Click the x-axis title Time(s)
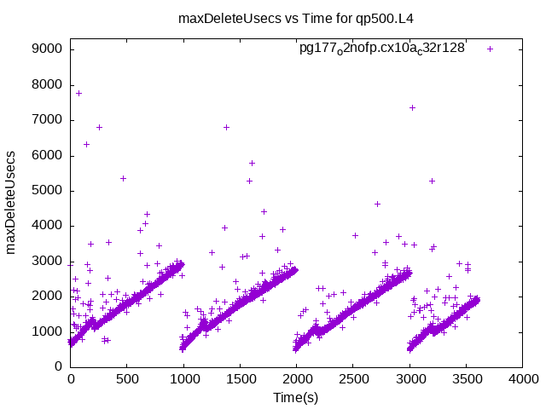coord(295,397)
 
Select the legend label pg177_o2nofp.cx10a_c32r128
coord(381,49)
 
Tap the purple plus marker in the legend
coord(490,49)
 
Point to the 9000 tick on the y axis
coord(46,49)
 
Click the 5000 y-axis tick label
coord(46,190)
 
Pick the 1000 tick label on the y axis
coord(46,331)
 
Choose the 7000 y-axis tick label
coord(46,119)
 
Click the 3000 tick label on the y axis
coord(46,261)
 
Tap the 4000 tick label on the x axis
coord(521,380)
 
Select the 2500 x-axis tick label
coord(352,380)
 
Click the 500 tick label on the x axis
coord(126,380)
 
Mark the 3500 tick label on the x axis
coord(465,380)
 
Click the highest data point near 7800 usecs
coord(78,93)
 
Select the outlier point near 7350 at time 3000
coord(412,107)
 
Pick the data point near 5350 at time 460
coord(123,178)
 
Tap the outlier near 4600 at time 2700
coord(377,204)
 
